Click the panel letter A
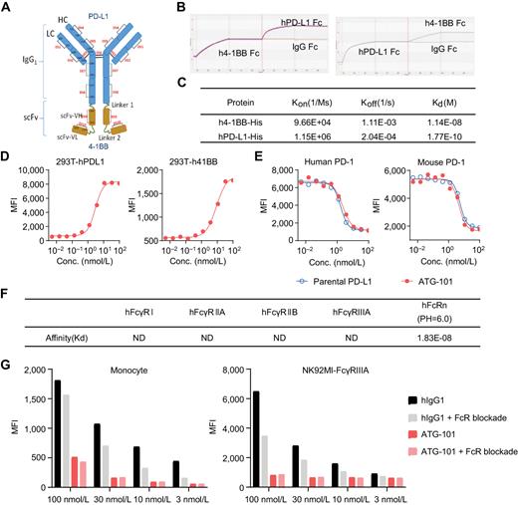click(x=7, y=7)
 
